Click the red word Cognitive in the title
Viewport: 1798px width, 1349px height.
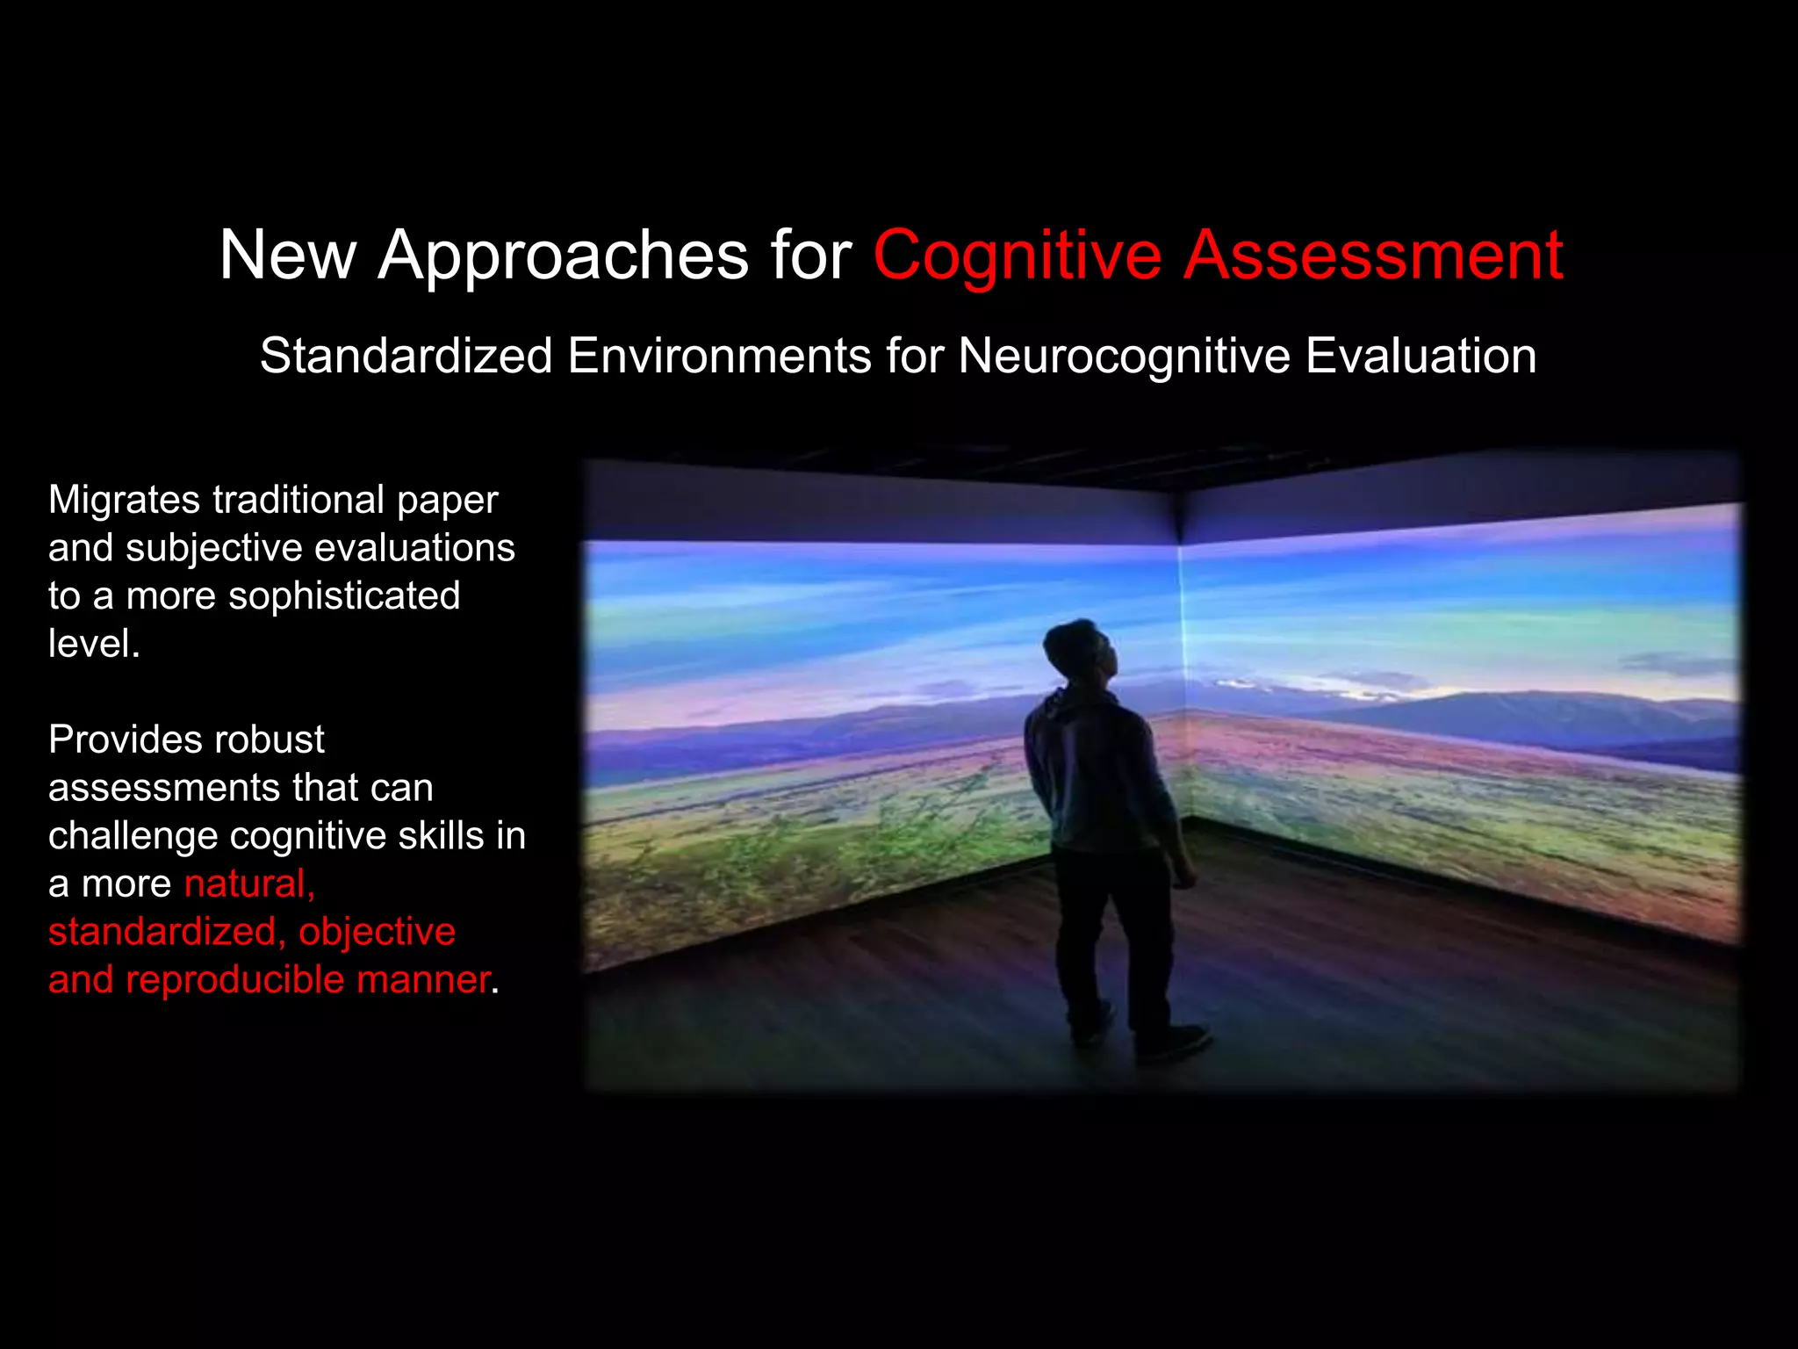pos(1017,256)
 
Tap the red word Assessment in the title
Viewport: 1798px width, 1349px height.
pos(1373,256)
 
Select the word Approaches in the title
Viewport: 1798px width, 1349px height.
pos(563,256)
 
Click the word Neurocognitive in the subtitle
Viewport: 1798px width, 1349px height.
pos(1123,356)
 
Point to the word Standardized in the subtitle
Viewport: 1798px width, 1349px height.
pos(406,356)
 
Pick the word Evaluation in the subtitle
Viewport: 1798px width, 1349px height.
pos(1420,356)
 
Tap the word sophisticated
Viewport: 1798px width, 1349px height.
pos(344,595)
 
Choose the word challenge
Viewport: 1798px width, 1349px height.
pos(133,835)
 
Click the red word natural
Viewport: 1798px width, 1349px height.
pos(248,884)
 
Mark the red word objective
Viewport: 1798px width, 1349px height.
pos(377,931)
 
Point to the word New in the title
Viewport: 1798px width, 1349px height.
pos(287,256)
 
